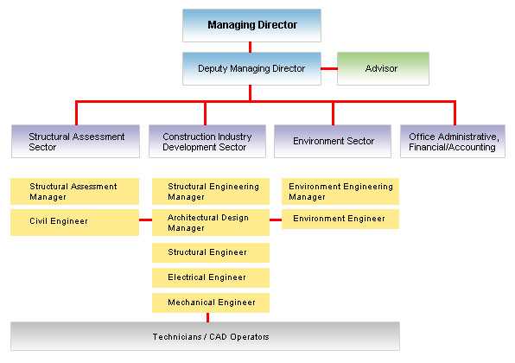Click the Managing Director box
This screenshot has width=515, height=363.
251,25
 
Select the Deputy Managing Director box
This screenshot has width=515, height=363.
251,68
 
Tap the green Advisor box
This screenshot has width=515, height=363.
383,68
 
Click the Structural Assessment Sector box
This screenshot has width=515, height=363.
75,141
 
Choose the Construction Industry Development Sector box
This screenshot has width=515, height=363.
207,141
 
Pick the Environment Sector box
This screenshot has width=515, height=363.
333,141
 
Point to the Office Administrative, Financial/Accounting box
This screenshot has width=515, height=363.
453,141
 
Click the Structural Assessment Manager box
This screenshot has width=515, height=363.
74,192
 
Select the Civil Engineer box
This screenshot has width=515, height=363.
74,222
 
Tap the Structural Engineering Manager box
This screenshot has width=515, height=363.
211,192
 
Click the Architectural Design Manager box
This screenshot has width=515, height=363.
211,222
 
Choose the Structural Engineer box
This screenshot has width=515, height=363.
211,252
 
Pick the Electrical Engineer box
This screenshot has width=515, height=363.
211,277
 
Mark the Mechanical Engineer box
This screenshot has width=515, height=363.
211,302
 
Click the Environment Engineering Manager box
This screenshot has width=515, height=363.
340,192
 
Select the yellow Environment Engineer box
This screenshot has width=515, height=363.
340,220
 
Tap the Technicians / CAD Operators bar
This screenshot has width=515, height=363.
205,336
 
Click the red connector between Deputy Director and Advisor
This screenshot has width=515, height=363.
329,68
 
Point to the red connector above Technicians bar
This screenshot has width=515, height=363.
207,317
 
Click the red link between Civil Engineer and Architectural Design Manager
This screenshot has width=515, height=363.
145,220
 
